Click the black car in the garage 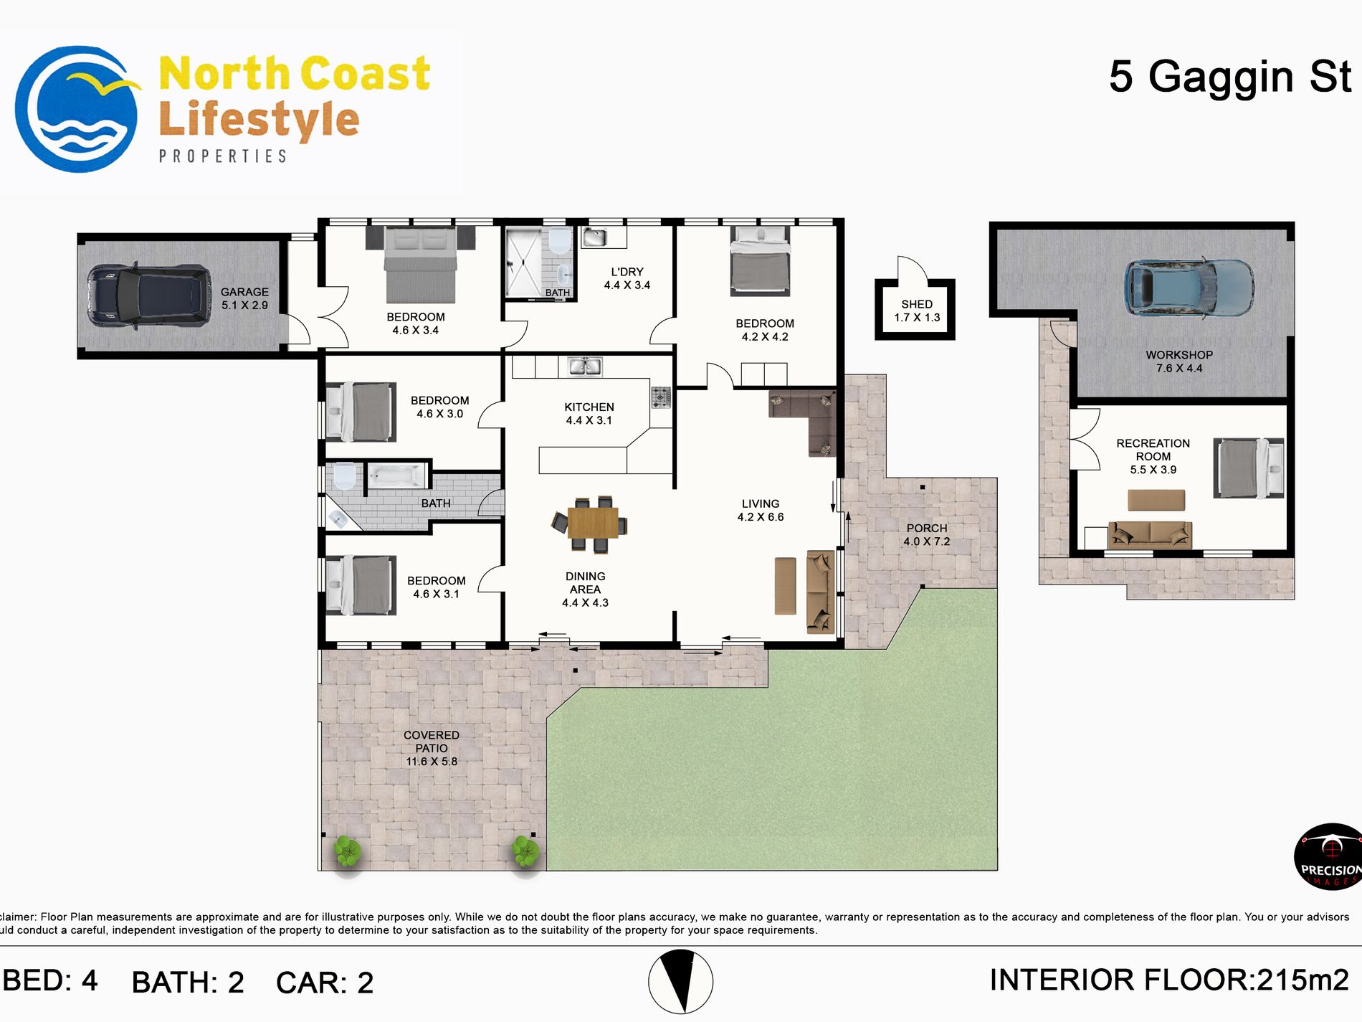tap(149, 295)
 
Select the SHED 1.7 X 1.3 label tap(916, 311)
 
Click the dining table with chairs tap(592, 523)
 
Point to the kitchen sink tap(584, 366)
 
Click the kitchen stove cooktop tap(660, 397)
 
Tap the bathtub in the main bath tap(396, 475)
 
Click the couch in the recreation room tap(1150, 535)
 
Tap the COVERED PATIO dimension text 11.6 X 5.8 tap(432, 762)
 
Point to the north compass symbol tap(680, 982)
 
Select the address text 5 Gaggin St tap(1229, 77)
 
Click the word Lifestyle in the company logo tap(258, 120)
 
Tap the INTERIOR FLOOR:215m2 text tap(1168, 980)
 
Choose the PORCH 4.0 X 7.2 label tap(926, 535)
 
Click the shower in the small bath tap(523, 262)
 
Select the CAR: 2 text tap(324, 983)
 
